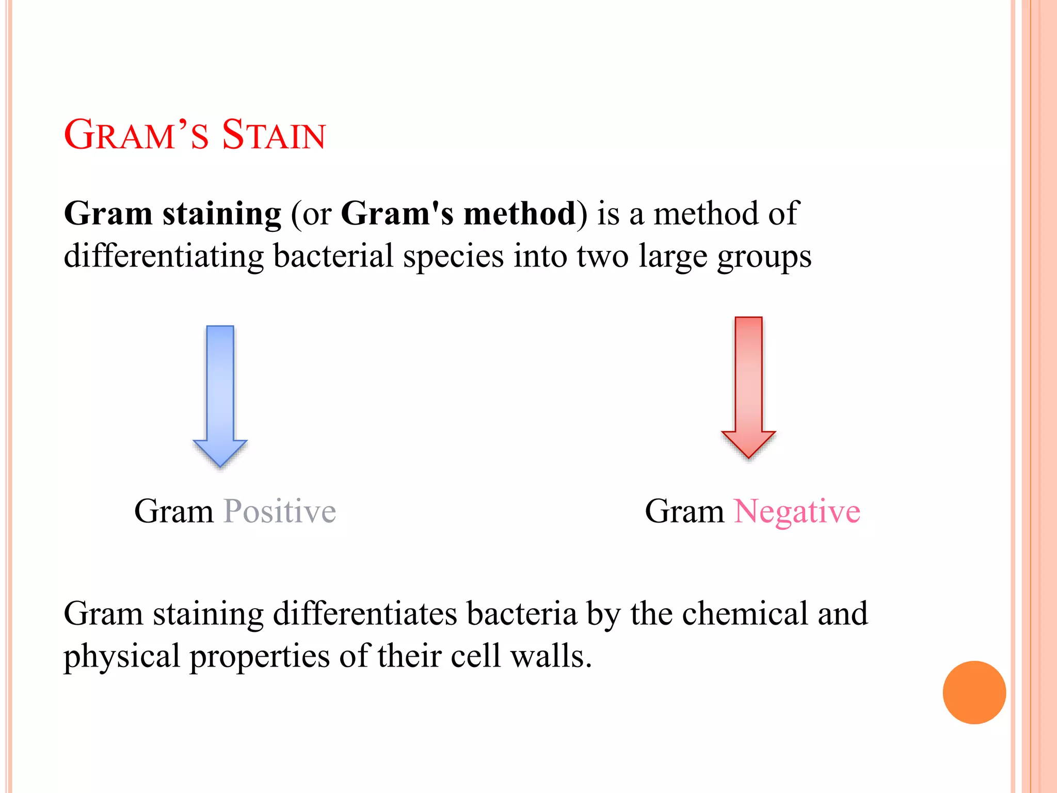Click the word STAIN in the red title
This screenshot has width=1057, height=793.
pyautogui.click(x=274, y=135)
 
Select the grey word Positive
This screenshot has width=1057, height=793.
pyautogui.click(x=279, y=512)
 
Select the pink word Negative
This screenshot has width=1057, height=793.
pyautogui.click(x=797, y=512)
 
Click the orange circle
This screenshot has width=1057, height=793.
pyautogui.click(x=974, y=692)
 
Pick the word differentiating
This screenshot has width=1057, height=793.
pyautogui.click(x=163, y=257)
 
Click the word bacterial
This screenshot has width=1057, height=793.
pyautogui.click(x=333, y=256)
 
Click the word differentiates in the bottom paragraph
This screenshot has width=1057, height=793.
pyautogui.click(x=365, y=614)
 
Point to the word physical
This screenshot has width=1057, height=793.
pyautogui.click(x=121, y=657)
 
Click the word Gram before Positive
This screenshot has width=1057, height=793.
pyautogui.click(x=173, y=512)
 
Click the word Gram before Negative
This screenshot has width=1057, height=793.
pyautogui.click(x=684, y=512)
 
